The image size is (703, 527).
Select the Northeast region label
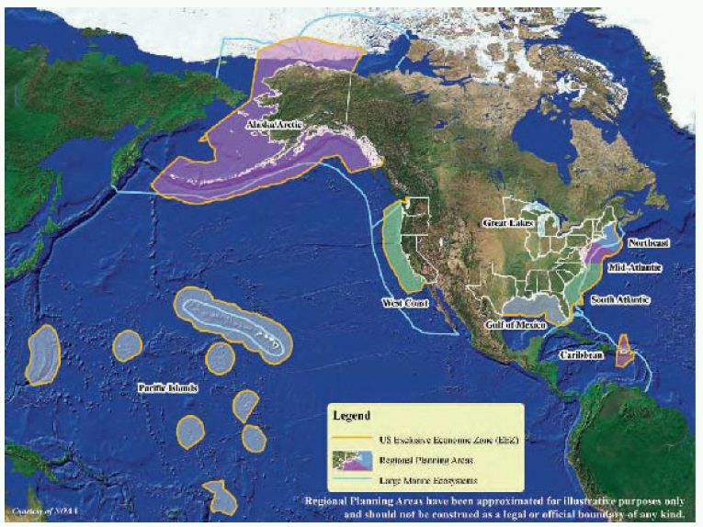pos(648,243)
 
